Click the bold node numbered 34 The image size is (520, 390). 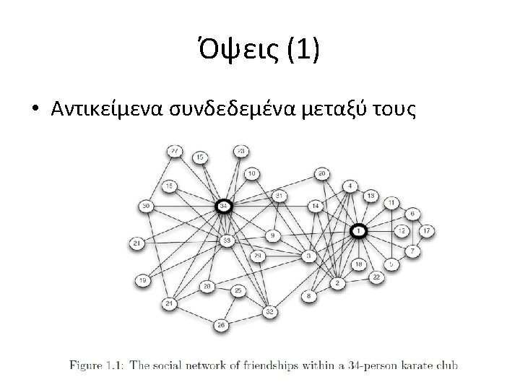click(x=223, y=207)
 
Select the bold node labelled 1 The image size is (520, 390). click(x=359, y=231)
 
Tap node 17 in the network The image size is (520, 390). click(x=427, y=231)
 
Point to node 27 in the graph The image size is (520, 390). click(x=175, y=150)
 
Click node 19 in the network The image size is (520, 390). click(x=143, y=279)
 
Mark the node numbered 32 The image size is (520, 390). click(x=269, y=311)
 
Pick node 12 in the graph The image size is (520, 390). click(x=402, y=231)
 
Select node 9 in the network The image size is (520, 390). click(x=272, y=235)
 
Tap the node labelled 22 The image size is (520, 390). click(x=376, y=277)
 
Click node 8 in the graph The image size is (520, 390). click(x=309, y=296)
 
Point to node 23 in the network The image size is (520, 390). click(x=241, y=150)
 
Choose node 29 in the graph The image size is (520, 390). click(x=258, y=256)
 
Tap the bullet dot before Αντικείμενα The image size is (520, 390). click(x=35, y=110)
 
